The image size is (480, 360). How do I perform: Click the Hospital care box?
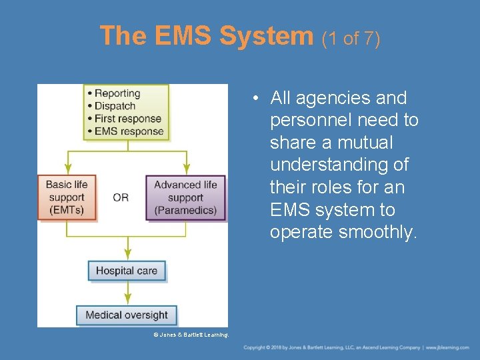[127, 271]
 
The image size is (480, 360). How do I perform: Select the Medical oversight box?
[127, 315]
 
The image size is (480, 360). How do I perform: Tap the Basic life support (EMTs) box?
[66, 197]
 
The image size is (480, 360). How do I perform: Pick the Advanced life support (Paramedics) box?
[185, 197]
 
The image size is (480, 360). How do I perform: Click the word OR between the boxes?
[121, 197]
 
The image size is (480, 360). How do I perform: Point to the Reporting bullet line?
[117, 93]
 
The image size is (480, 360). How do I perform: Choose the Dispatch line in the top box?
[115, 106]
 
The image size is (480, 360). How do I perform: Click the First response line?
[127, 119]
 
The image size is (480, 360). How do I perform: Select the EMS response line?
[129, 131]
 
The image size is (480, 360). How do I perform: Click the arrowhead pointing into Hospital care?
[127, 254]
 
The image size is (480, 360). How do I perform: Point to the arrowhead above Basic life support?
[66, 168]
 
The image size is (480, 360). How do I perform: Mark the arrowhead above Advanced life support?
[187, 168]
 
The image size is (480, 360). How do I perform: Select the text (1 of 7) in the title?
[351, 39]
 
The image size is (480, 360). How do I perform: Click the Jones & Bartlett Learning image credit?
[191, 334]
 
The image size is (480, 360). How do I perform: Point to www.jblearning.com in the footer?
[448, 348]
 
